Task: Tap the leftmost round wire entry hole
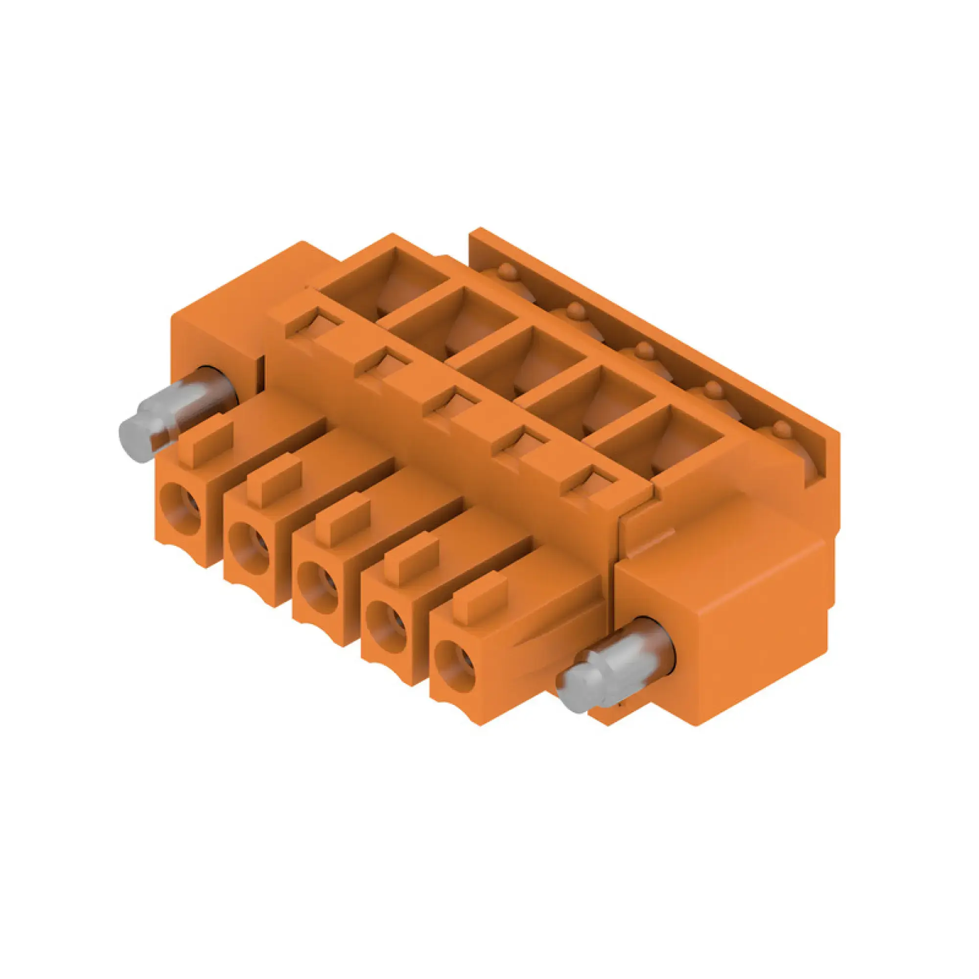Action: coord(181,508)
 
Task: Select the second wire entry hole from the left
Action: coord(249,548)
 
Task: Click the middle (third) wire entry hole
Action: coord(318,588)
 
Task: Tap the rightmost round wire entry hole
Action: coord(455,668)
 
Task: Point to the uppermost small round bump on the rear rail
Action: coord(507,272)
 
